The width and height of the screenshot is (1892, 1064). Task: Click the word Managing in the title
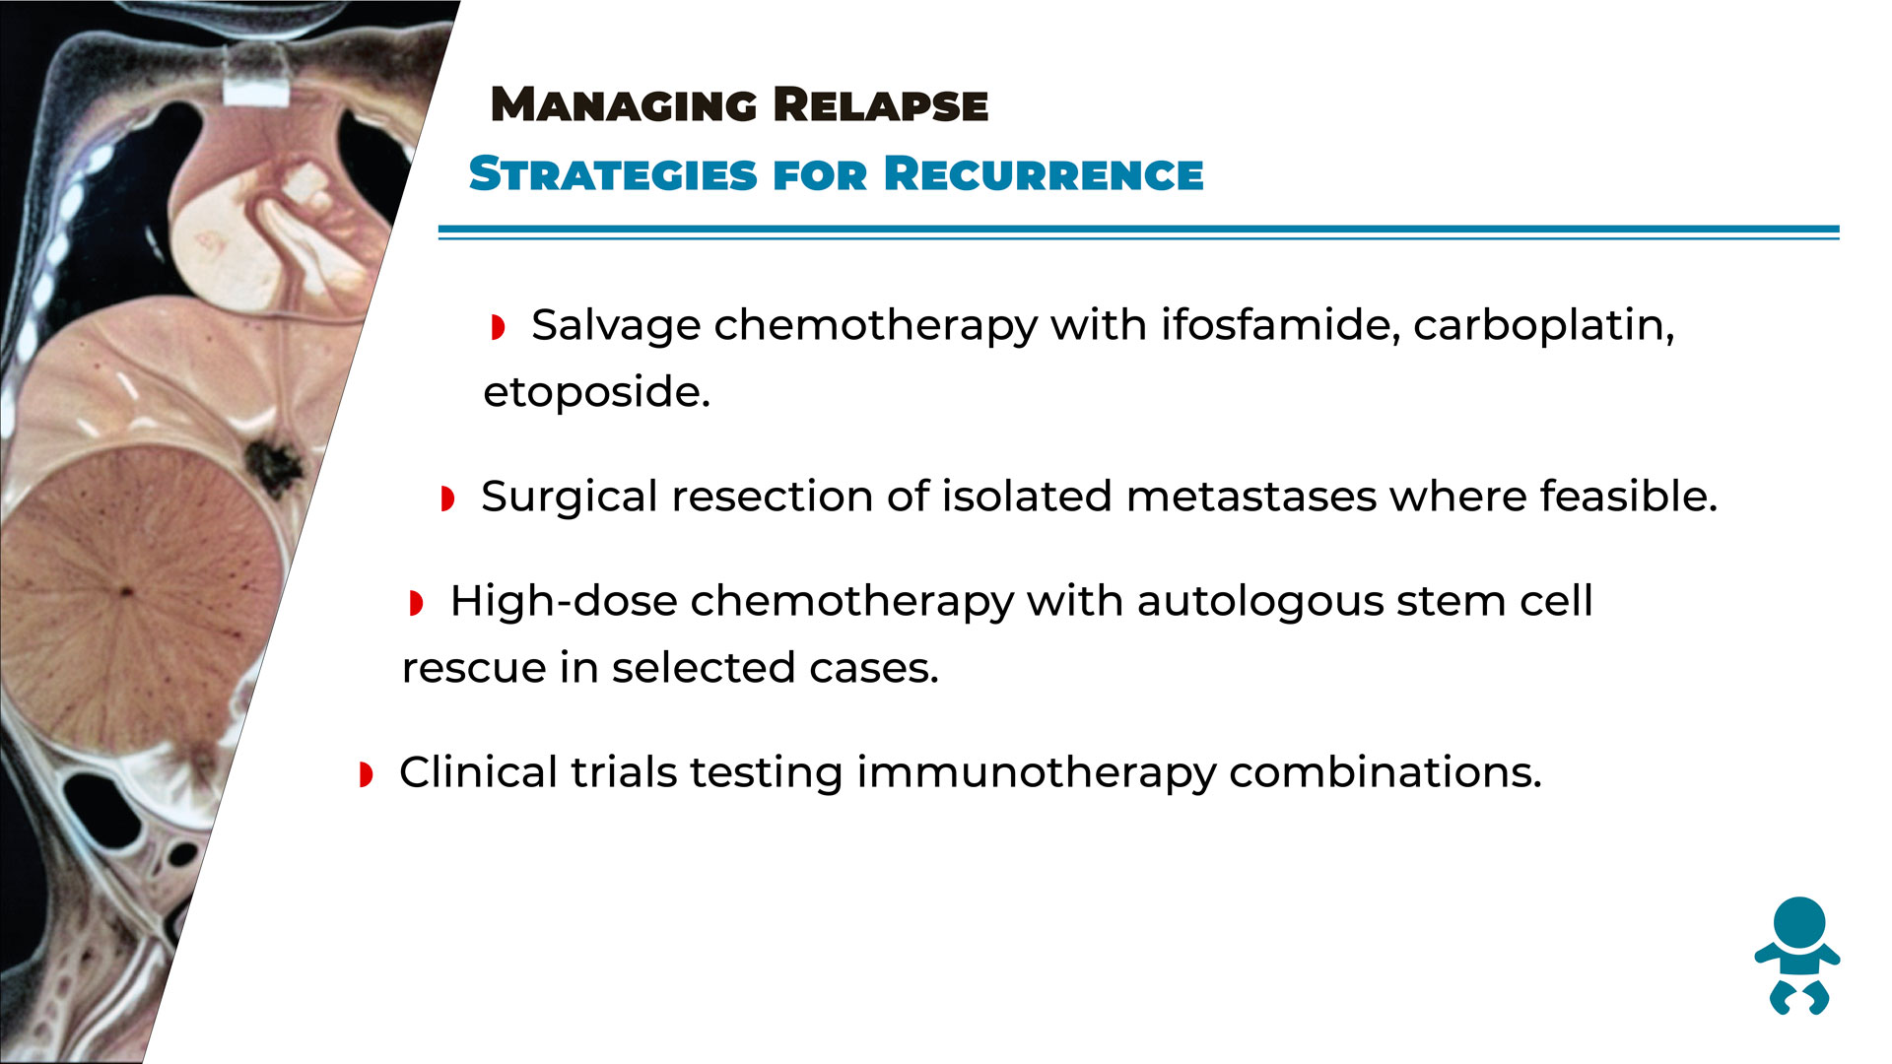tap(623, 105)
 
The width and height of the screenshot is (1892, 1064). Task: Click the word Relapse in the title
tap(880, 105)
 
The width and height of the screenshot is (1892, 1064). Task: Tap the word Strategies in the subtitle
tap(613, 174)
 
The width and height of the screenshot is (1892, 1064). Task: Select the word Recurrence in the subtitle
tap(1044, 174)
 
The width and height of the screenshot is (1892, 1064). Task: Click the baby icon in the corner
tap(1797, 956)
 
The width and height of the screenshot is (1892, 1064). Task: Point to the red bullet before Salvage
tap(498, 327)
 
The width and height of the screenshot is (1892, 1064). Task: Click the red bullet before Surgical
tap(447, 499)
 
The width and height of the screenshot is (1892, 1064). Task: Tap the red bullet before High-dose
tap(416, 603)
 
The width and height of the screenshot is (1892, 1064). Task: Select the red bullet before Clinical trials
tap(366, 774)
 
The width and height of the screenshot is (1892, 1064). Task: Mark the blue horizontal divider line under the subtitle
tap(1138, 233)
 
